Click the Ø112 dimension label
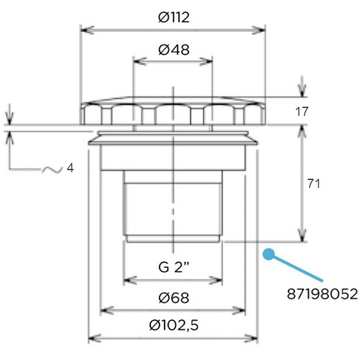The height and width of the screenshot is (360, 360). tap(174, 18)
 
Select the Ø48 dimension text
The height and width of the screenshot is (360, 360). tap(174, 50)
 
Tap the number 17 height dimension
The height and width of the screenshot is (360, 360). tap(302, 111)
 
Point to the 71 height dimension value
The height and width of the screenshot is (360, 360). tap(314, 184)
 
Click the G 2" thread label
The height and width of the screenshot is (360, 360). tap(174, 267)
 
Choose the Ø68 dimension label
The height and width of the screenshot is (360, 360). tap(174, 298)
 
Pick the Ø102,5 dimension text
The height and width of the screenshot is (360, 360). tap(174, 325)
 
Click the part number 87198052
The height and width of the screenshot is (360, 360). tap(322, 294)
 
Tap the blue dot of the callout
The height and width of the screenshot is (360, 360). tap(268, 254)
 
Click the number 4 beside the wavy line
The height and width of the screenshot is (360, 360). tap(70, 168)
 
